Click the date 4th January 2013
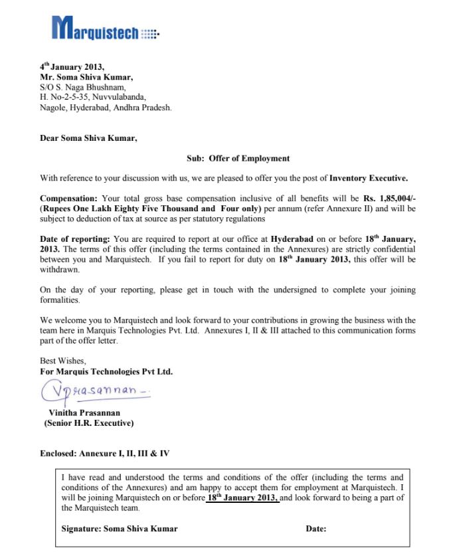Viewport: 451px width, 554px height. point(72,67)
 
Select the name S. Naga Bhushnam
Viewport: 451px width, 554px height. point(90,87)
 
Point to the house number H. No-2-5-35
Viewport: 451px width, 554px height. point(66,97)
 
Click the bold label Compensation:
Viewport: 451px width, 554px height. point(68,199)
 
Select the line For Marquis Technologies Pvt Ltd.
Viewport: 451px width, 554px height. point(106,372)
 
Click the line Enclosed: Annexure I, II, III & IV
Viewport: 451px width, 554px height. point(105,454)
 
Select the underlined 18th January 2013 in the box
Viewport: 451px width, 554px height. point(242,498)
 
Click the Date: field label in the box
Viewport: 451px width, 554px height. point(316,529)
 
